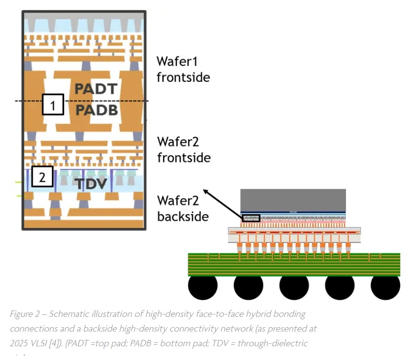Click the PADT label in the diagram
96,89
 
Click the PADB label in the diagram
96,110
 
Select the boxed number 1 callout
53,104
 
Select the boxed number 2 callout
43,177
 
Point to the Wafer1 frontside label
183,69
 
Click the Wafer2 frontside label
184,149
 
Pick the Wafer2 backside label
184,208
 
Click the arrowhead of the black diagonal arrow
205,191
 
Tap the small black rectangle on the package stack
251,217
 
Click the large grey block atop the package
293,200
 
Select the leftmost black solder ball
203,287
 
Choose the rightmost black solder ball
385,287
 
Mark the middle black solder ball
294,287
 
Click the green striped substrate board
294,264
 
